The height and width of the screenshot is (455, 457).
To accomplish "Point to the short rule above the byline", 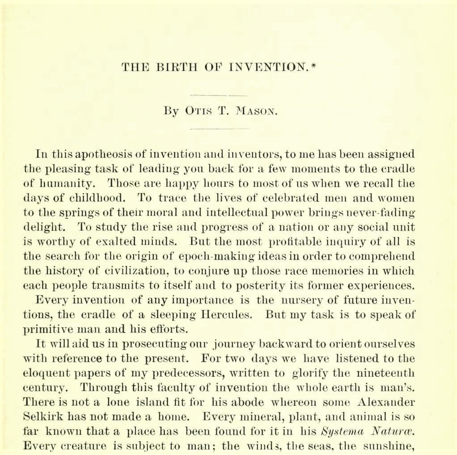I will [219, 96].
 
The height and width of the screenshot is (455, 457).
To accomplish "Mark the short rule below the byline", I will [219, 129].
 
